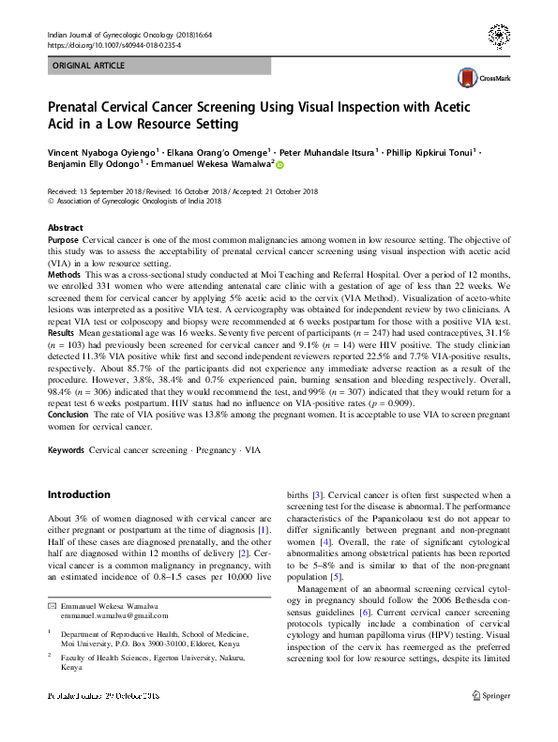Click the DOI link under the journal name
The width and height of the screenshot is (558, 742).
pos(115,44)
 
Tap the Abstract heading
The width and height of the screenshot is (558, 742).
pos(65,228)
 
